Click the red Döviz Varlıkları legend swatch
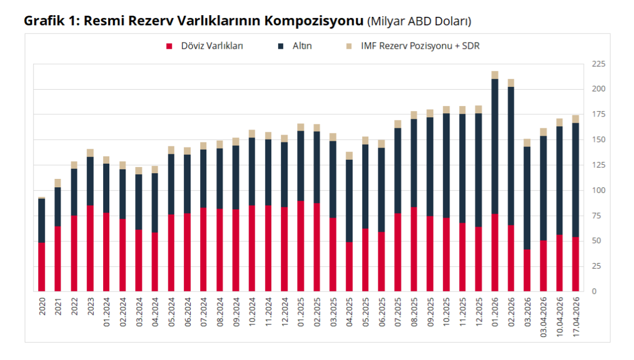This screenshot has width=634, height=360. pyautogui.click(x=168, y=47)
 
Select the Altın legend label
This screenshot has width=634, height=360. pyautogui.click(x=302, y=47)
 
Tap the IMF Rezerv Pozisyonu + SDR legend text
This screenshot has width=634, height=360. pyautogui.click(x=420, y=47)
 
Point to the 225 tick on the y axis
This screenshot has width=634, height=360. pyautogui.click(x=598, y=64)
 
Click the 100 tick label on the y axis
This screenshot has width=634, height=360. pyautogui.click(x=598, y=191)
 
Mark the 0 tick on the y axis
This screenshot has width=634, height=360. pyautogui.click(x=594, y=292)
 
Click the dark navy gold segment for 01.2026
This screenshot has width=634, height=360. pyautogui.click(x=495, y=146)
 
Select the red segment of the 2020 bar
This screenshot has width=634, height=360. pyautogui.click(x=41, y=267)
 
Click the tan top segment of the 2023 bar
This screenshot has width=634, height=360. pyautogui.click(x=90, y=153)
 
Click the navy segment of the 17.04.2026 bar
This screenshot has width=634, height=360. pyautogui.click(x=575, y=179)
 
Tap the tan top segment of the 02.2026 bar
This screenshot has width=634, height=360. pyautogui.click(x=511, y=83)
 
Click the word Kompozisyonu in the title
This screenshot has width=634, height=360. pyautogui.click(x=314, y=21)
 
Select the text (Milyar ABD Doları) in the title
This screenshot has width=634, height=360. pyautogui.click(x=419, y=22)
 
